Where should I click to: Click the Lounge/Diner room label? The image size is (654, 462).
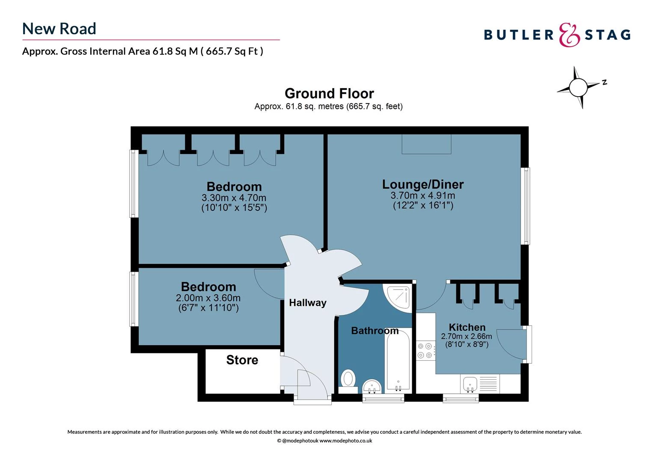tap(422, 184)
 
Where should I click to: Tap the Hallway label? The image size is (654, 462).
tap(307, 303)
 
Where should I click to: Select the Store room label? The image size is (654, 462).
tap(242, 360)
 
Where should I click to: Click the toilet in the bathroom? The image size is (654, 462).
tap(348, 379)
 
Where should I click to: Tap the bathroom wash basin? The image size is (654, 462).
tap(372, 387)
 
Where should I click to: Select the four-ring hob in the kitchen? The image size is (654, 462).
tap(425, 350)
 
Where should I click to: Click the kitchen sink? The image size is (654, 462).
tap(470, 384)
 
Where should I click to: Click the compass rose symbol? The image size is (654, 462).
tap(578, 87)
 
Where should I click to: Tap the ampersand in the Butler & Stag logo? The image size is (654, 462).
tap(570, 35)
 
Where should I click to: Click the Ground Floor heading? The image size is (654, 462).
tap(329, 93)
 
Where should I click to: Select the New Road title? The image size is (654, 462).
tap(59, 29)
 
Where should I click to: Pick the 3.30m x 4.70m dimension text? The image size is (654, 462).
tap(234, 198)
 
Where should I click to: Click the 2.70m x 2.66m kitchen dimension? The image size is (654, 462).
tap(467, 336)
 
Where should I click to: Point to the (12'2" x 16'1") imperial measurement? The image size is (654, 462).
tap(423, 205)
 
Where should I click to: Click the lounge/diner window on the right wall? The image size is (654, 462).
tap(525, 206)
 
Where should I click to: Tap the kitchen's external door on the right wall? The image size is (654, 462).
tap(514, 344)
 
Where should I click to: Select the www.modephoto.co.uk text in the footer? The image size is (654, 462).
tap(346, 441)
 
